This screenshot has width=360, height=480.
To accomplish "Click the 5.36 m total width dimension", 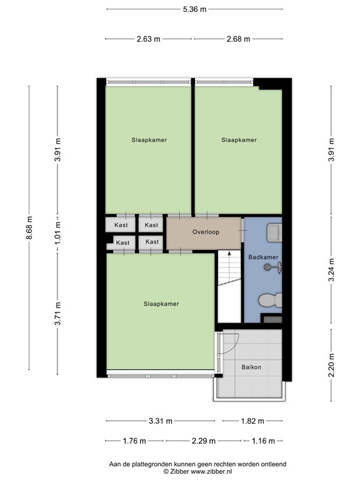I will click(x=194, y=9).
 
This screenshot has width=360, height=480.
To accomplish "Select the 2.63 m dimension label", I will click(x=149, y=39).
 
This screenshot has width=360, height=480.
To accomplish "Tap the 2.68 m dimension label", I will click(x=238, y=39).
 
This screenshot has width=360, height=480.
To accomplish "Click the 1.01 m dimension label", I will click(x=57, y=231).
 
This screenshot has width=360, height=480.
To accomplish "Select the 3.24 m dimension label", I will click(x=331, y=269).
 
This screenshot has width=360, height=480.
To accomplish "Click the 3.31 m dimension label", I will click(x=161, y=421).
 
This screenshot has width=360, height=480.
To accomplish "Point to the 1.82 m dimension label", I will click(x=252, y=421).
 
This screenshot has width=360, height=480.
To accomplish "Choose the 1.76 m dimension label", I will click(x=134, y=441).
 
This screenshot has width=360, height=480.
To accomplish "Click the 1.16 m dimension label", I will click(x=263, y=441).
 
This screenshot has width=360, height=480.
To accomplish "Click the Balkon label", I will click(x=251, y=367).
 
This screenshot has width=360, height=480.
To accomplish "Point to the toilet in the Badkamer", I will click(x=271, y=301).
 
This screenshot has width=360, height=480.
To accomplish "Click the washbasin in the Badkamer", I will click(x=273, y=232).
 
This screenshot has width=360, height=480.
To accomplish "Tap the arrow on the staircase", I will click(x=229, y=254).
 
